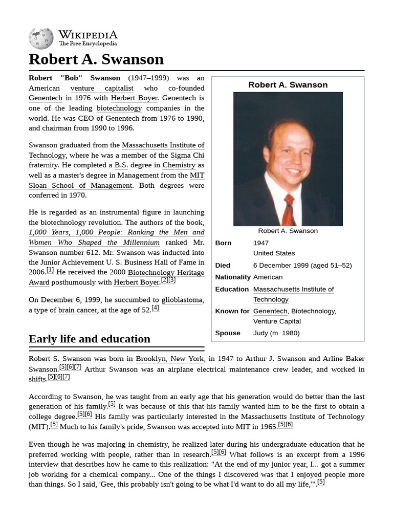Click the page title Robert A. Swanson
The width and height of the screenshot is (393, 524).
[96, 59]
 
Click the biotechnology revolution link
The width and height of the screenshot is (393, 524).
[81, 223]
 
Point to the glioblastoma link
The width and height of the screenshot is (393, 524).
[182, 300]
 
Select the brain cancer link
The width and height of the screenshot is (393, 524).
[77, 310]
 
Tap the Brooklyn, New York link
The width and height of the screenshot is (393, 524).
[170, 359]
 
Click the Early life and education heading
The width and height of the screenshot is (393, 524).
[90, 339]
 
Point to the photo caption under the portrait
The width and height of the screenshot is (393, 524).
[288, 231]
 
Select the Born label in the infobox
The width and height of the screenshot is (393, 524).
[224, 243]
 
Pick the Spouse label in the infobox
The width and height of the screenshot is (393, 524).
[228, 333]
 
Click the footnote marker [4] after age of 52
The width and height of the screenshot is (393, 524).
[155, 308]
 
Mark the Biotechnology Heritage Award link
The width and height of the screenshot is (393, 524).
[166, 273]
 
